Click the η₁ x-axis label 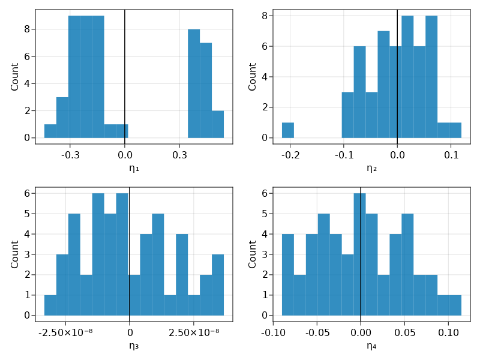click(133, 168)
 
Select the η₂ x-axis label click(371, 168)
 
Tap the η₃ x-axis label click(133, 346)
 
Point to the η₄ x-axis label click(371, 346)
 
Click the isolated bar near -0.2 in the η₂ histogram click(288, 130)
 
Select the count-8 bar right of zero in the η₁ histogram click(194, 84)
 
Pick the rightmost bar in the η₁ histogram click(218, 124)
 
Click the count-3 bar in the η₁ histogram click(62, 117)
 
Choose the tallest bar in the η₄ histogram click(359, 255)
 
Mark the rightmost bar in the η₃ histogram click(218, 285)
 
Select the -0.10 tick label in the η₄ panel click(273, 332)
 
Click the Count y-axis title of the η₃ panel click(15, 254)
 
